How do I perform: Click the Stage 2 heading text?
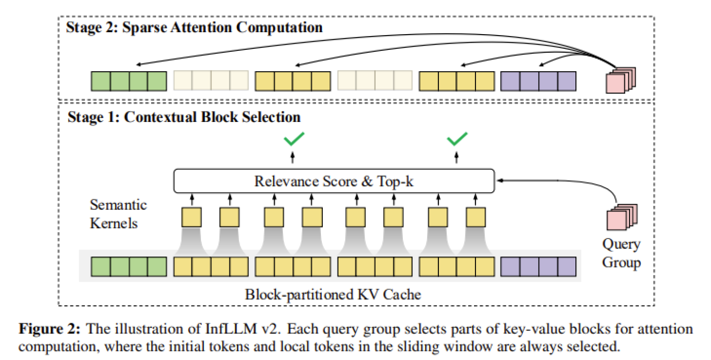coord(194,27)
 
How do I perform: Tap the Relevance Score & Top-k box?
coord(334,181)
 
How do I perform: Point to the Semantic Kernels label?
coord(118,214)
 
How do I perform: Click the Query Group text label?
coord(621,253)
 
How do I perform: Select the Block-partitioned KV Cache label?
coord(333,295)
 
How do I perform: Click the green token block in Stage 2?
coord(128,81)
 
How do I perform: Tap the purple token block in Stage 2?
coord(538,81)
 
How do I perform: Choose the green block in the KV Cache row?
coord(128,267)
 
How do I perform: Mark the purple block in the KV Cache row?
coord(538,267)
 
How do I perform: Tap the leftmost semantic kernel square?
coord(191,217)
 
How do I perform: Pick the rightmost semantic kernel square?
coord(476,217)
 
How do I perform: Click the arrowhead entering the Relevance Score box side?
coord(498,180)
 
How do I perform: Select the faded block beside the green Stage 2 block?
coord(211,81)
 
